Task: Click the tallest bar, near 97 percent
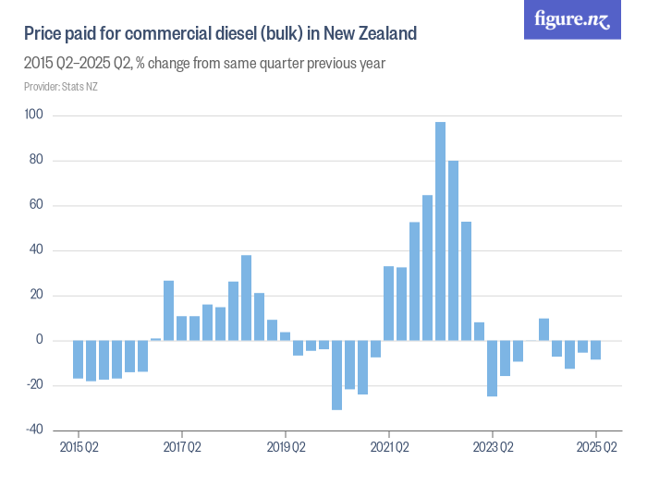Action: coord(441,231)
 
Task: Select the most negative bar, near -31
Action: coord(337,375)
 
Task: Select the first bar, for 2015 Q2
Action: coord(79,359)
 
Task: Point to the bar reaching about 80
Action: coord(454,250)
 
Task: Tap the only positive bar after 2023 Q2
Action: coord(544,330)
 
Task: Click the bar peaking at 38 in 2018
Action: coord(247,297)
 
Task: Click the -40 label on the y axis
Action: coord(34,430)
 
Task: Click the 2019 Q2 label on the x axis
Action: coord(286,448)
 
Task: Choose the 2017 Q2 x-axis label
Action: coord(182,448)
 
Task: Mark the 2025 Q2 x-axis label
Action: coord(596,448)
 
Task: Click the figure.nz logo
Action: coord(572,20)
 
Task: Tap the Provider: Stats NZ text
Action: coord(61,87)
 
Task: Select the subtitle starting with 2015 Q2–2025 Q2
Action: coord(204,64)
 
